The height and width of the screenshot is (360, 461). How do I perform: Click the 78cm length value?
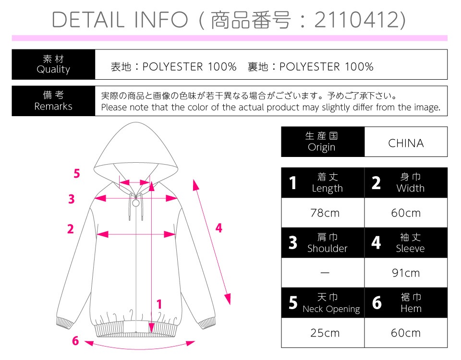(325, 213)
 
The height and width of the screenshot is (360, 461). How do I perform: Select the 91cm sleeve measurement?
(406, 273)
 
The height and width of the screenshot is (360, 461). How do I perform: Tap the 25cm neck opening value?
(325, 333)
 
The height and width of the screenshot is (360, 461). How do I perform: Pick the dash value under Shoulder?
(325, 273)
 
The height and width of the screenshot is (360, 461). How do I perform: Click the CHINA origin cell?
(406, 143)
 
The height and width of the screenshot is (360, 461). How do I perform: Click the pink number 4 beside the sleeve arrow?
(219, 228)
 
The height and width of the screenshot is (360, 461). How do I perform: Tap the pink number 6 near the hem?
(75, 341)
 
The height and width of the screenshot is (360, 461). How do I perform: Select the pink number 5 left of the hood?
(77, 173)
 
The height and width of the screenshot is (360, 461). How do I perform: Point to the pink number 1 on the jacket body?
(159, 304)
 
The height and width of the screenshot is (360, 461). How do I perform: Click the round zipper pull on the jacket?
(136, 203)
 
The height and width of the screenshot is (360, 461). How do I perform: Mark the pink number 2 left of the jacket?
(71, 229)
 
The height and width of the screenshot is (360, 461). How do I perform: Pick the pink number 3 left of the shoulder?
(72, 199)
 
